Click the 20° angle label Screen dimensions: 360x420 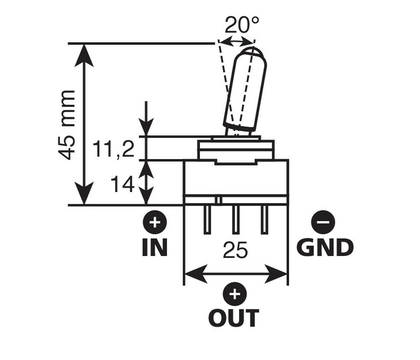point(242,25)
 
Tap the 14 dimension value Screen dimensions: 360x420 point(123,184)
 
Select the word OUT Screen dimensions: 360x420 point(234,318)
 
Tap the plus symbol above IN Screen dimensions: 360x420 point(154,224)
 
